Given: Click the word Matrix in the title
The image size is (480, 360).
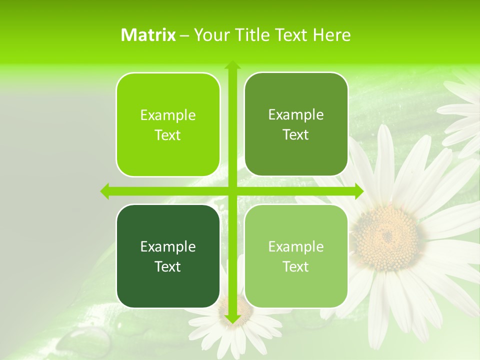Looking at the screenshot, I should pyautogui.click(x=148, y=35).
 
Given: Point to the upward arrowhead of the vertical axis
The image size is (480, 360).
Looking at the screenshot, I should pyautogui.click(x=232, y=65).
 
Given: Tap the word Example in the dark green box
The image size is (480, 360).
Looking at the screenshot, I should pyautogui.click(x=168, y=246).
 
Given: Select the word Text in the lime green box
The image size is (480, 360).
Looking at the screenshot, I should pyautogui.click(x=168, y=135).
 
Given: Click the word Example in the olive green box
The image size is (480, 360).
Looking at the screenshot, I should pyautogui.click(x=296, y=114).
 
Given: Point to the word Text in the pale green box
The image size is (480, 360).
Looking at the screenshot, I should pyautogui.click(x=296, y=266).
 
